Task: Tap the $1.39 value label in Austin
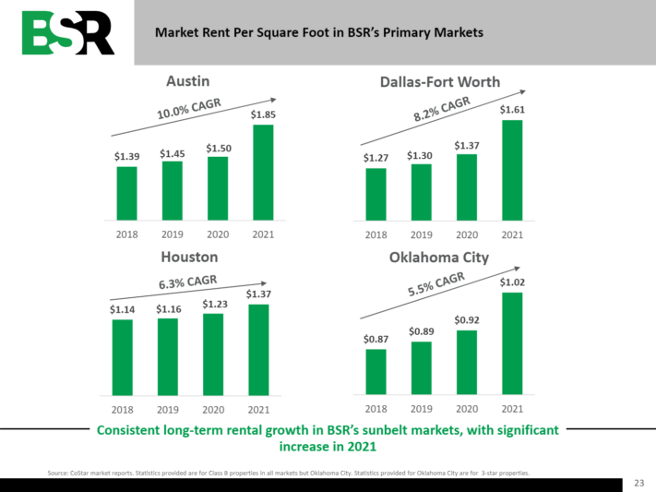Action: coord(126,158)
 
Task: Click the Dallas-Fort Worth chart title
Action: coord(440,82)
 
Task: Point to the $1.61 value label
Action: coord(512,110)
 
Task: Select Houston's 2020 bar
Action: coord(213,354)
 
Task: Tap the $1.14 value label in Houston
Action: coord(122,310)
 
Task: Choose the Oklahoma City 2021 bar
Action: coord(512,342)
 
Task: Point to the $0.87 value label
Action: coord(376,339)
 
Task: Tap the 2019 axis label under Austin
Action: coord(172,234)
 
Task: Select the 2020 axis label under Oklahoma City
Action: coord(467,409)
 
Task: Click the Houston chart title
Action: coord(189,257)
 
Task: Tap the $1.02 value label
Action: coord(512,281)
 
